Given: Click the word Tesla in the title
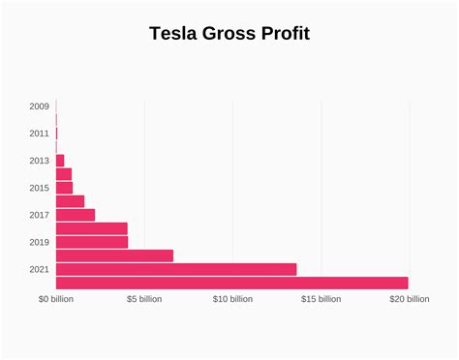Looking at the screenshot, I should pos(171,34).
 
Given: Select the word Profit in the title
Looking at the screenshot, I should pos(285,34).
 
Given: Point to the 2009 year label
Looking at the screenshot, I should pos(40,106).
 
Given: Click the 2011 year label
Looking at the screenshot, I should pos(40,134).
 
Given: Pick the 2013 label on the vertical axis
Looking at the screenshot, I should pos(40,161).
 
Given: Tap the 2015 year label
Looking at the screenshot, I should pos(40,188).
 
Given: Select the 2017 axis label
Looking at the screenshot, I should pos(40,215).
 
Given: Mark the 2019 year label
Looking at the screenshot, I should pos(40,242).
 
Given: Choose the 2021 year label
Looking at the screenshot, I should pos(40,269).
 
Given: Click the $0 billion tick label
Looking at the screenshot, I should pos(56,299).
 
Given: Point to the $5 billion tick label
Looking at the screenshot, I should pos(144,299).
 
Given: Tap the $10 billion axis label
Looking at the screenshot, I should pos(232,299).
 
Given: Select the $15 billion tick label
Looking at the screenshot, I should pos(321,299).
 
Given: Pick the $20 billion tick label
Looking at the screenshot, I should pos(409,299).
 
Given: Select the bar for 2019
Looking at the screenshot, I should pos(92,242).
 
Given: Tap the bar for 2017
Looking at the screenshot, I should pos(76,215).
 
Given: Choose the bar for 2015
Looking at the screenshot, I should pos(64,188).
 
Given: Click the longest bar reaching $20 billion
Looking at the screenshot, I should pos(232,283).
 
